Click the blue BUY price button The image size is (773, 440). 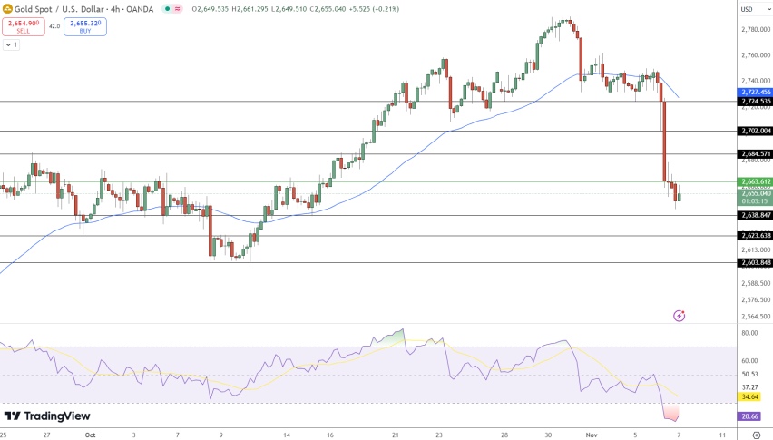[84, 26]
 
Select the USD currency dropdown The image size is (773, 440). [748, 9]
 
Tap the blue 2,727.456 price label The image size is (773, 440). [754, 92]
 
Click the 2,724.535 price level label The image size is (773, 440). [754, 101]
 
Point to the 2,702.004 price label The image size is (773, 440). [754, 131]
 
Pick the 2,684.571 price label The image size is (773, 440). [754, 153]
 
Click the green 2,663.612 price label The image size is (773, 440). [754, 181]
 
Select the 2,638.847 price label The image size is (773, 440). [754, 215]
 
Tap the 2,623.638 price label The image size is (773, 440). [754, 235]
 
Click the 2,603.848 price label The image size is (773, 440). [754, 262]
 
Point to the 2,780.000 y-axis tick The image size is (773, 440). [754, 29]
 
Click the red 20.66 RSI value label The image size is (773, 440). [750, 416]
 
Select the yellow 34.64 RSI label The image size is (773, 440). [750, 396]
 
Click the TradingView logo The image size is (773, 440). [47, 416]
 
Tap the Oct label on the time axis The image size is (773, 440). [89, 435]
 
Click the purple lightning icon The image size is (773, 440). [679, 315]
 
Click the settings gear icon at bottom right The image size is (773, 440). [756, 435]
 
